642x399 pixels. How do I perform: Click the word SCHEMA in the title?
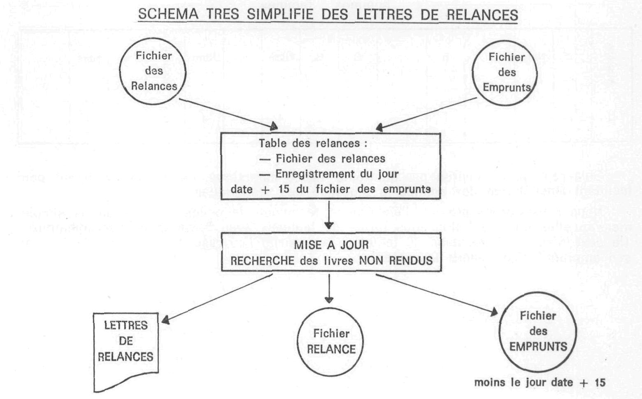pyautogui.click(x=168, y=14)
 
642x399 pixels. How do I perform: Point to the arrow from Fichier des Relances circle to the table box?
pyautogui.click(x=228, y=114)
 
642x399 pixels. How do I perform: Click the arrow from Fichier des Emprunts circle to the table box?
pyautogui.click(x=426, y=114)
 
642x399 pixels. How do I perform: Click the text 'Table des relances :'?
pyautogui.click(x=313, y=143)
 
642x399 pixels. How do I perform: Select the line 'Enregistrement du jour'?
pyautogui.click(x=337, y=174)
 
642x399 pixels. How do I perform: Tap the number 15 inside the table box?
pyautogui.click(x=284, y=189)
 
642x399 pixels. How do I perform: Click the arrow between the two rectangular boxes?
pyautogui.click(x=329, y=215)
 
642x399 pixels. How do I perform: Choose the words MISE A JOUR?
pyautogui.click(x=331, y=245)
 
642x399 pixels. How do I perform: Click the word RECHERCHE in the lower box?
pyautogui.click(x=263, y=261)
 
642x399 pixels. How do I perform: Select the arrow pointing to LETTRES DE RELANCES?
pyautogui.click(x=217, y=299)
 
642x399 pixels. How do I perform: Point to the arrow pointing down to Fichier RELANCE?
pyautogui.click(x=329, y=289)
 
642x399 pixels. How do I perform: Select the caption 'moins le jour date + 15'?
pyautogui.click(x=540, y=383)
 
